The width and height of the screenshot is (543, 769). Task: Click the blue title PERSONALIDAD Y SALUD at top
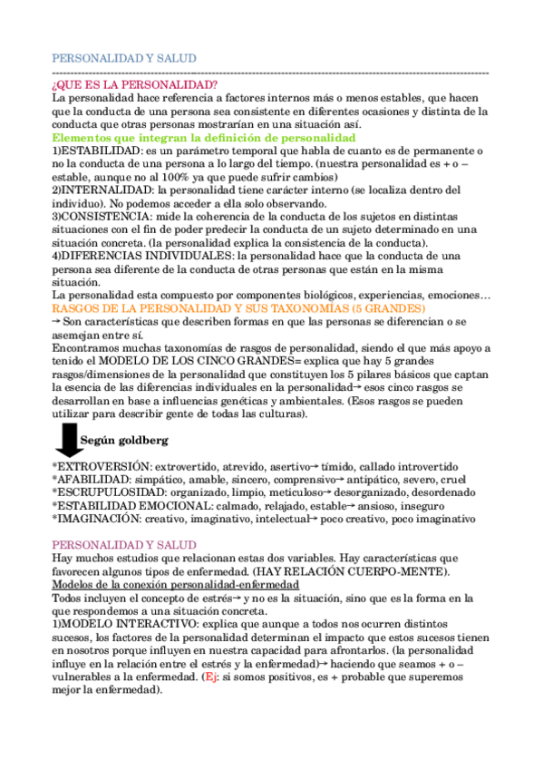(x=124, y=59)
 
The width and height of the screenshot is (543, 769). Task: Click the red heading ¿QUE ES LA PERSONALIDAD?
(x=135, y=85)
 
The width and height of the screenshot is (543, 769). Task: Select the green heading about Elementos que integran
(x=204, y=137)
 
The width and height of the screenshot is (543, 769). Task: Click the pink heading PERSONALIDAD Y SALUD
(x=124, y=544)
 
